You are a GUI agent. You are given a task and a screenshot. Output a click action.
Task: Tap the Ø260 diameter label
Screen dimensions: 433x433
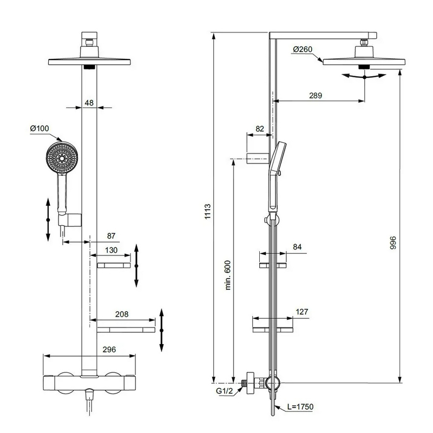coord(303,50)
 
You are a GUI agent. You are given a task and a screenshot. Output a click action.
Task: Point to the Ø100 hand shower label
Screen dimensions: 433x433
coord(40,128)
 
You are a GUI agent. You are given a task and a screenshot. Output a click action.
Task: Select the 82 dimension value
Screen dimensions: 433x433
coord(259,128)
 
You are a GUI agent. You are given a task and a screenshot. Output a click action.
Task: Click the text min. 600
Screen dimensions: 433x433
coord(227,274)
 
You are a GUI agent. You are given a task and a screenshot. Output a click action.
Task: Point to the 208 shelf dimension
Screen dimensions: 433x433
coord(122,313)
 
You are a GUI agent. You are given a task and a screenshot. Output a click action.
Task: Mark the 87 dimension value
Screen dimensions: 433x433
coord(111,235)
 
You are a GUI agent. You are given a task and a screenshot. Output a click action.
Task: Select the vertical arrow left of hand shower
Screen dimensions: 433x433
coord(48,220)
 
